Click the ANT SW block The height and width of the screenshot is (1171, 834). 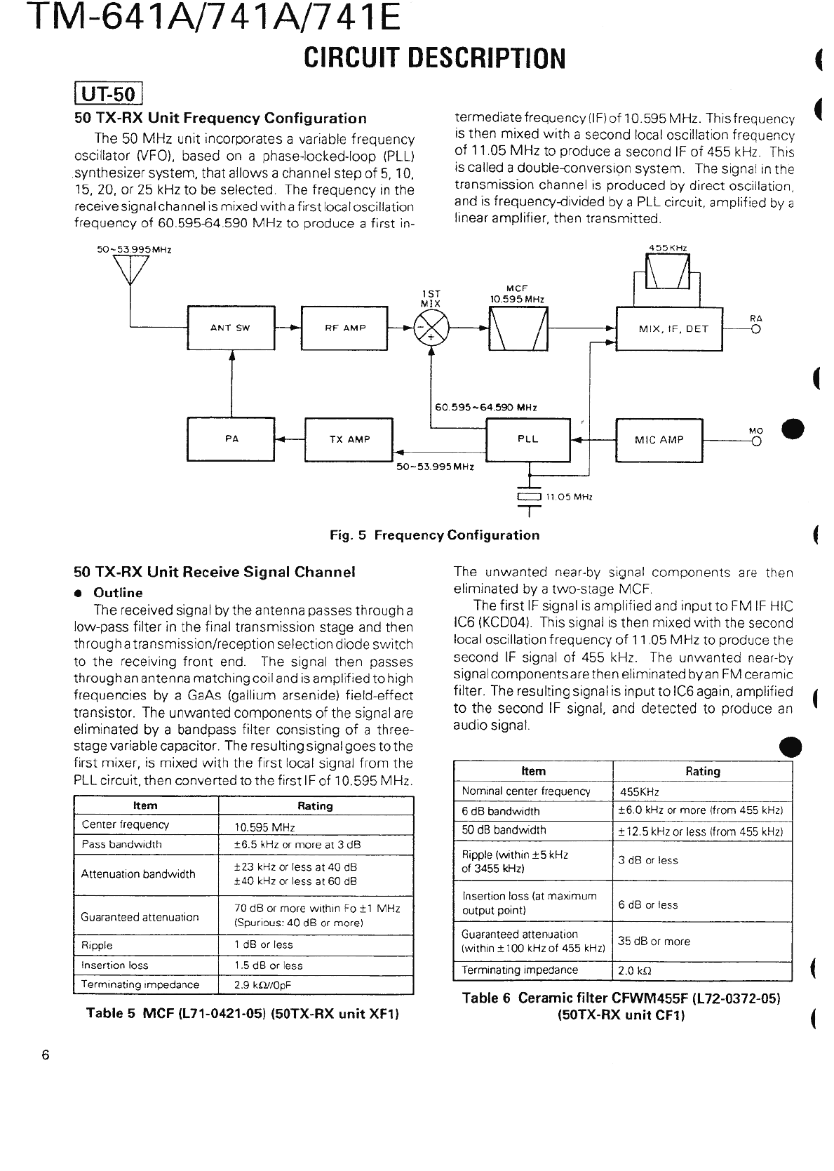tap(230, 328)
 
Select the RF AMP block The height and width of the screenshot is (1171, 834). tap(344, 328)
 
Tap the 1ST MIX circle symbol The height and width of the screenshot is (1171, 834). tap(431, 328)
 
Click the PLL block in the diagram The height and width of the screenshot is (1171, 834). tap(528, 439)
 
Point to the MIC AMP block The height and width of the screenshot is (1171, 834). tap(659, 440)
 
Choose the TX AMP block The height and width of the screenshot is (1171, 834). tap(349, 440)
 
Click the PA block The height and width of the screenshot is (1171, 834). tap(231, 439)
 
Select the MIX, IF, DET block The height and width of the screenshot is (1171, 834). tap(668, 328)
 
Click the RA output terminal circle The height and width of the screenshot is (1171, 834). tap(756, 328)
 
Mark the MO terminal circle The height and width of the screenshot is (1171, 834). tap(756, 441)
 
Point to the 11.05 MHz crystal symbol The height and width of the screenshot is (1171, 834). tap(529, 497)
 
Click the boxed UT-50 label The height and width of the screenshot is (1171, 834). tap(109, 93)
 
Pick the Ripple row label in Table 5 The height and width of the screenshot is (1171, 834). tap(97, 945)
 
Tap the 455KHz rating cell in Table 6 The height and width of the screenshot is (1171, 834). tap(640, 792)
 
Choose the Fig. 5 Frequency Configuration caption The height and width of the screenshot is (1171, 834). tap(435, 535)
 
